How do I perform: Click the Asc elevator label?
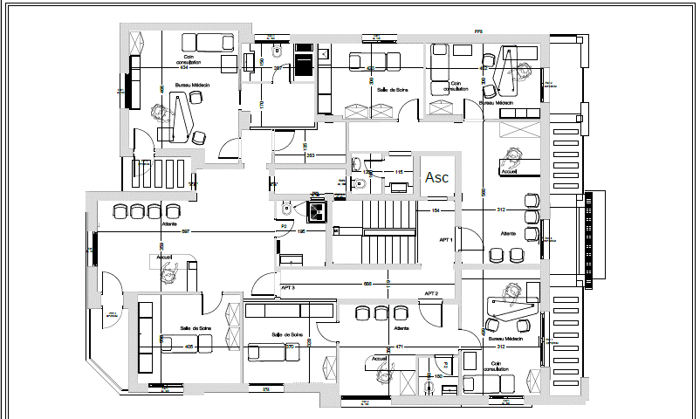pos(436,177)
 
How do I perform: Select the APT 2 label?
pos(431,293)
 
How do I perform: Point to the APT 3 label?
pos(287,287)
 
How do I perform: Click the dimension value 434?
pos(183,67)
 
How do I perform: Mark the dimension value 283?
pos(310,156)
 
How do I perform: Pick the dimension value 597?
pos(186,231)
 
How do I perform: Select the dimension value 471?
pos(400,347)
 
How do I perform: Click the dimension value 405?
pos(189,347)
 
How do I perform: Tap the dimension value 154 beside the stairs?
pos(435,211)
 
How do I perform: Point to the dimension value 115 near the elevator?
pos(398,172)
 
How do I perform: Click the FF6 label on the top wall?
pos(477,31)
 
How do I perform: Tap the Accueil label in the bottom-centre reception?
pos(379,358)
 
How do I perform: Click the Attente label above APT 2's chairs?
pos(401,328)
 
